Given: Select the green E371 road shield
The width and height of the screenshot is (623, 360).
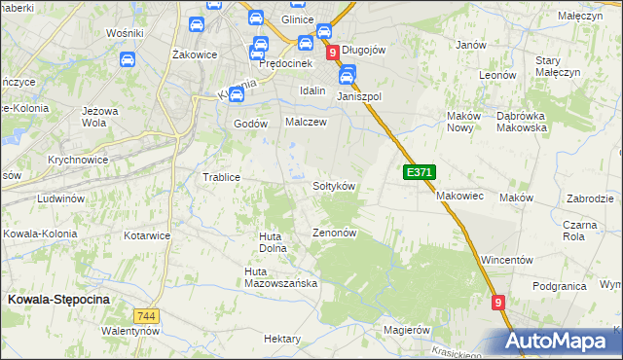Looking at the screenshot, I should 419,172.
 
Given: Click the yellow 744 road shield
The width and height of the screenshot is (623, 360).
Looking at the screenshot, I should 146,316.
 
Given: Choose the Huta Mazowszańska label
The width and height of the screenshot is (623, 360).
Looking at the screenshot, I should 281,277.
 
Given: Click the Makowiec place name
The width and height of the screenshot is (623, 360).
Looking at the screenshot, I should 459,196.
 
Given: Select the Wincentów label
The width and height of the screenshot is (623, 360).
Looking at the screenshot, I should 506,261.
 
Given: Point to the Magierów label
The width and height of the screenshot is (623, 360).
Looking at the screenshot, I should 406,330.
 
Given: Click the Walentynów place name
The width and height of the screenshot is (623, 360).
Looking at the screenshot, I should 129,332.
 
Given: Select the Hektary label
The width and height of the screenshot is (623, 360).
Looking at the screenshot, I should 282,339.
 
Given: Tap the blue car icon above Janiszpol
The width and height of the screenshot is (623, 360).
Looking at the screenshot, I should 348,74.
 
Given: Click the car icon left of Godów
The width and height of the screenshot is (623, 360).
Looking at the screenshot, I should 236,94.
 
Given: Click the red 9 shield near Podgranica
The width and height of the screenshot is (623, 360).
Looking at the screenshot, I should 498,304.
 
